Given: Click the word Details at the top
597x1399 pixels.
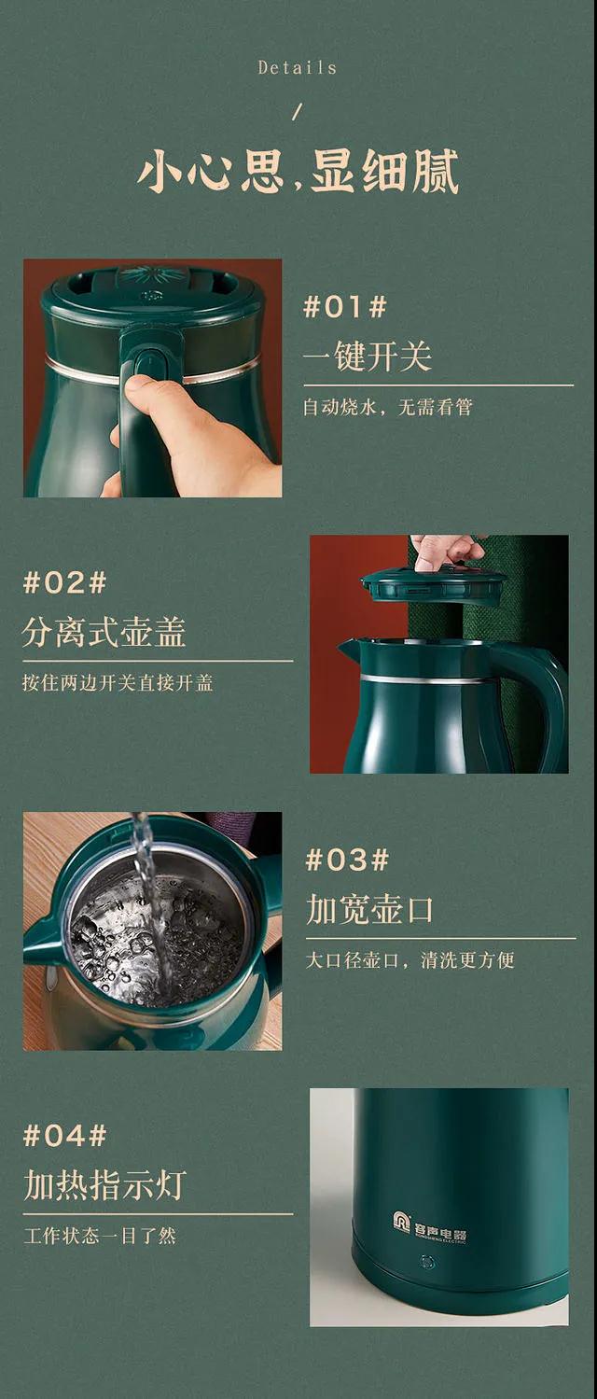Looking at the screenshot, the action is tap(298, 67).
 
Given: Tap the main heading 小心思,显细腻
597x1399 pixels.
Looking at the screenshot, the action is tap(298, 171).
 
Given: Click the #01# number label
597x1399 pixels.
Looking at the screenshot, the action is tap(345, 307).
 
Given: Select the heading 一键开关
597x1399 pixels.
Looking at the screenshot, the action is tap(368, 356).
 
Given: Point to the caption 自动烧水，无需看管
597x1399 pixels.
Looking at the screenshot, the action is tap(388, 407).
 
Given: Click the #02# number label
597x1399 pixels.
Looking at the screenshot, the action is tap(65, 582).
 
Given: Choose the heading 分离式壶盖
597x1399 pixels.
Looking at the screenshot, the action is tap(104, 632).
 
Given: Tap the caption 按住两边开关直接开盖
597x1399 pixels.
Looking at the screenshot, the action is tap(118, 682).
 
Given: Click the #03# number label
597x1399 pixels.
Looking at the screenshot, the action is tap(347, 860).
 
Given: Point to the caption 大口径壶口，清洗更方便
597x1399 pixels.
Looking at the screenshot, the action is tap(410, 959).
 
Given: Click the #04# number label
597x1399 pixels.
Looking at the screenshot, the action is tap(65, 1136).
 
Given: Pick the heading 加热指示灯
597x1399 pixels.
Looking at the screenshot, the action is tap(104, 1184).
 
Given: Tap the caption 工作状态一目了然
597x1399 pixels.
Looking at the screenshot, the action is tap(100, 1236).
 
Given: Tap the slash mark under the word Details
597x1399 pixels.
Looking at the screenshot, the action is tap(298, 112).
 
